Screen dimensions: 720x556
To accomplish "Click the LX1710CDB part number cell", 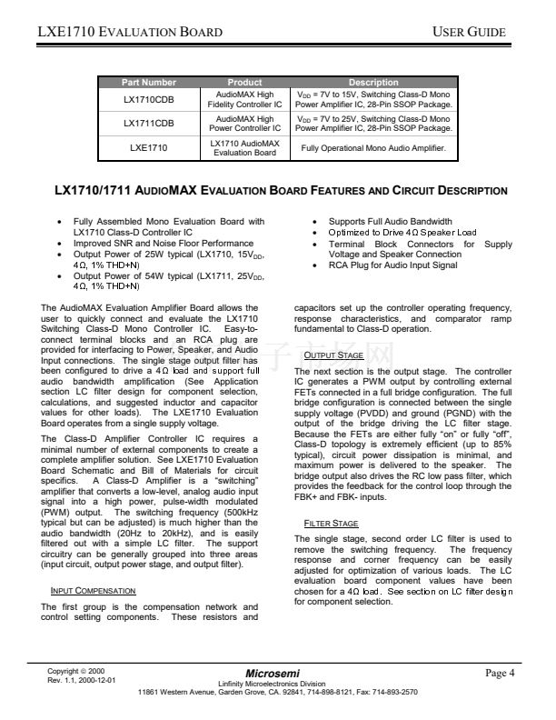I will (148, 99).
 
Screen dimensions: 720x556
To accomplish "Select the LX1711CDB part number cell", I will (148, 123).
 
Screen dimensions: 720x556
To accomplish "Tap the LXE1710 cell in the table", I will (148, 146).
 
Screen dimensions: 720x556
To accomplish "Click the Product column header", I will (244, 83).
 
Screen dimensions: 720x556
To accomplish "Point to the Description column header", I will (373, 83).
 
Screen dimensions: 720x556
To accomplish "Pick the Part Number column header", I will (148, 83).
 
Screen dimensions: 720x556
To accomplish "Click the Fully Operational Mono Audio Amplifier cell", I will (373, 147).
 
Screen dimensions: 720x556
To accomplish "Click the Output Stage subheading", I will (333, 355).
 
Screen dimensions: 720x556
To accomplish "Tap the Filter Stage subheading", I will (331, 524).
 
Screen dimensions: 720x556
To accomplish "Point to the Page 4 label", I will (501, 673).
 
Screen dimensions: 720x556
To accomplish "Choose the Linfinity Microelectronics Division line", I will (277, 683).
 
